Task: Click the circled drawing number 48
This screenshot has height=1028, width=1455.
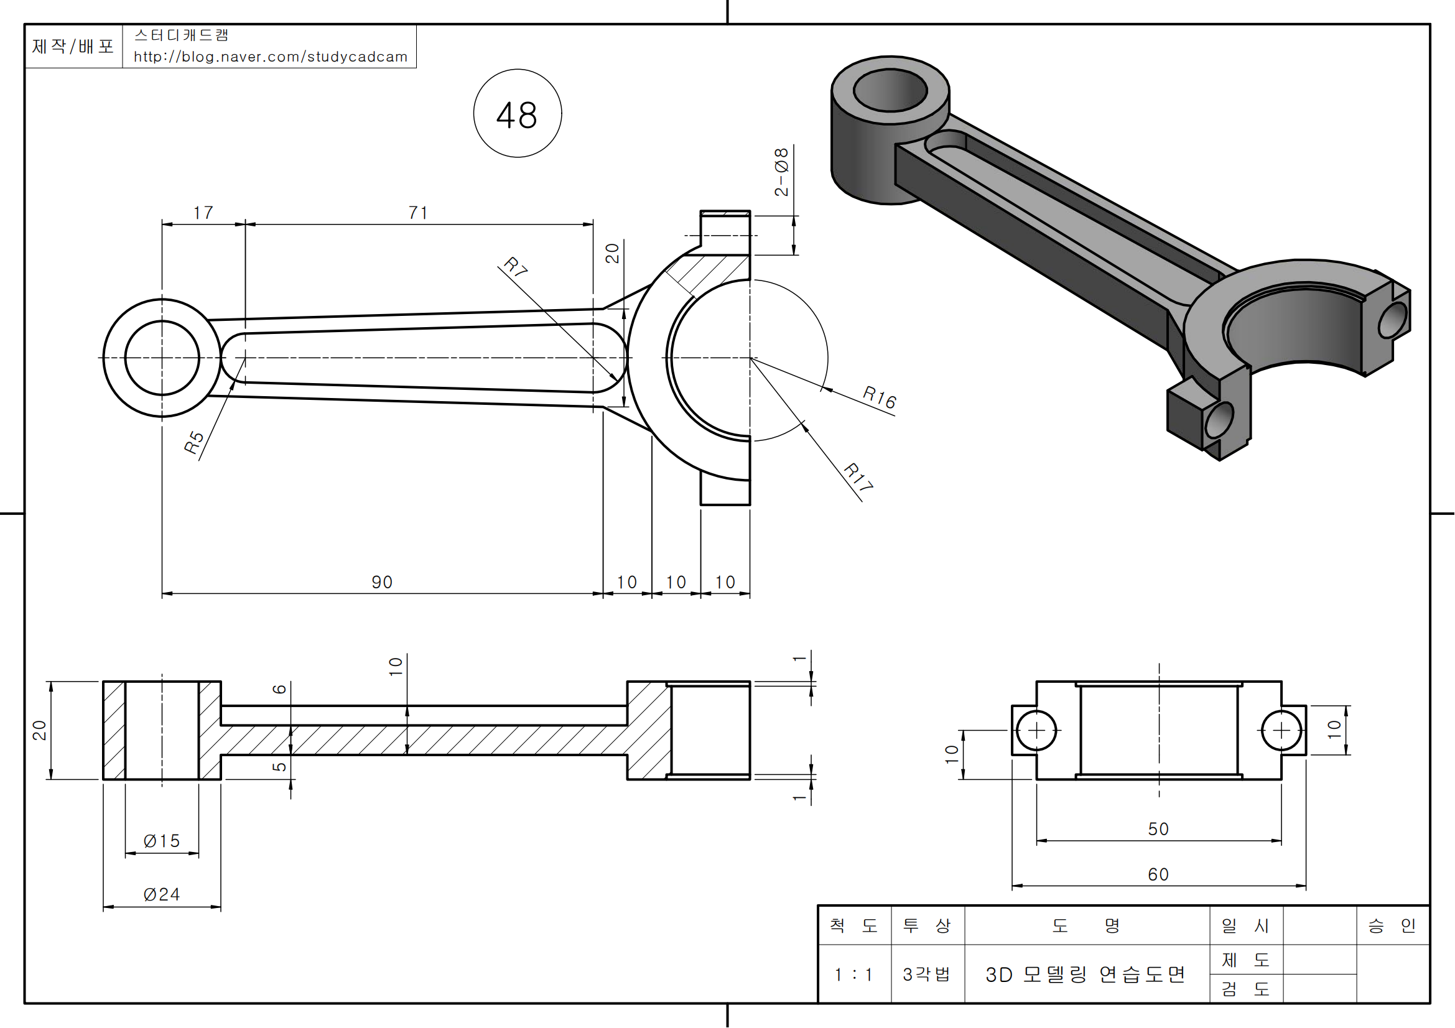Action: point(517,114)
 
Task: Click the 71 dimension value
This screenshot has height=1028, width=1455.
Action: point(417,213)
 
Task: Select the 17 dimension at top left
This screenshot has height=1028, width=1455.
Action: point(203,213)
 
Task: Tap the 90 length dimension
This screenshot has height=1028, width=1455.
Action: point(382,582)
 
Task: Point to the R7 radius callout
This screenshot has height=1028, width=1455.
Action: point(515,267)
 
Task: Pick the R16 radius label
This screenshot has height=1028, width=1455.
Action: point(880,397)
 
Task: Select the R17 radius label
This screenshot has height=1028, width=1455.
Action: point(858,476)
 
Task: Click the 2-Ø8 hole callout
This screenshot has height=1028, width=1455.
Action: point(781,172)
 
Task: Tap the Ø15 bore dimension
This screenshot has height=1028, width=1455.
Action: point(162,841)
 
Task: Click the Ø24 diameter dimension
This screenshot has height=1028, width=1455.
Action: point(162,894)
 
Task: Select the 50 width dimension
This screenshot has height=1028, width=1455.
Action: point(1158,829)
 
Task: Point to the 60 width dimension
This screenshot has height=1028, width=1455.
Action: point(1158,875)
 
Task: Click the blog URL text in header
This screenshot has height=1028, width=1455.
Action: point(271,57)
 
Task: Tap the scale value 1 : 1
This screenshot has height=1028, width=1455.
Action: point(853,974)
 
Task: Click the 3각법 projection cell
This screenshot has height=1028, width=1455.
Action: point(927,974)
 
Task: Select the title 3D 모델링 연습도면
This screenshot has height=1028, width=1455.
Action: point(1085,974)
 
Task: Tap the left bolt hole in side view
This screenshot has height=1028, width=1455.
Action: point(1037,730)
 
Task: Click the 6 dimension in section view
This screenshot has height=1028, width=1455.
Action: point(279,689)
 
